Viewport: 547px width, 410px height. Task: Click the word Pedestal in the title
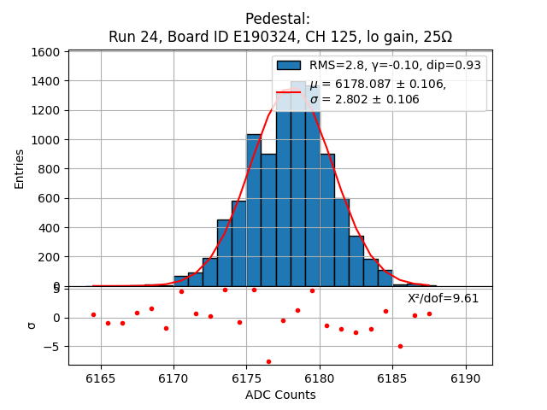[x=277, y=19]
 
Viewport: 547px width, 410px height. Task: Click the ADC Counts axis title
[x=280, y=395]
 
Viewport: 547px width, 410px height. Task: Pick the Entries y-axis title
[x=20, y=169]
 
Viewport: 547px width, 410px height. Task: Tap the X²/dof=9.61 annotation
[x=443, y=298]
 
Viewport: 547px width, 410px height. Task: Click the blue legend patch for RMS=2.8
[x=288, y=66]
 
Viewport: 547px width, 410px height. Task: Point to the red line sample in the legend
[x=288, y=91]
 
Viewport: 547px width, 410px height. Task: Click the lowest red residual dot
[x=268, y=361]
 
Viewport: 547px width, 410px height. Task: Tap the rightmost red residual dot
[x=429, y=313]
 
